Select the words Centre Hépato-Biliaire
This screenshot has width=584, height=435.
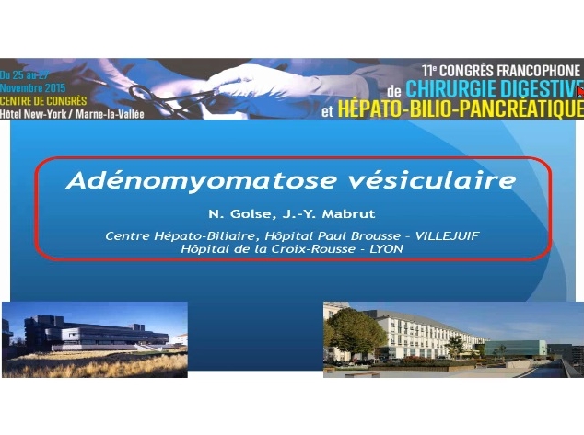point(160,235)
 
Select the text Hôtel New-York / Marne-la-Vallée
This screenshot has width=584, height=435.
point(73,113)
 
